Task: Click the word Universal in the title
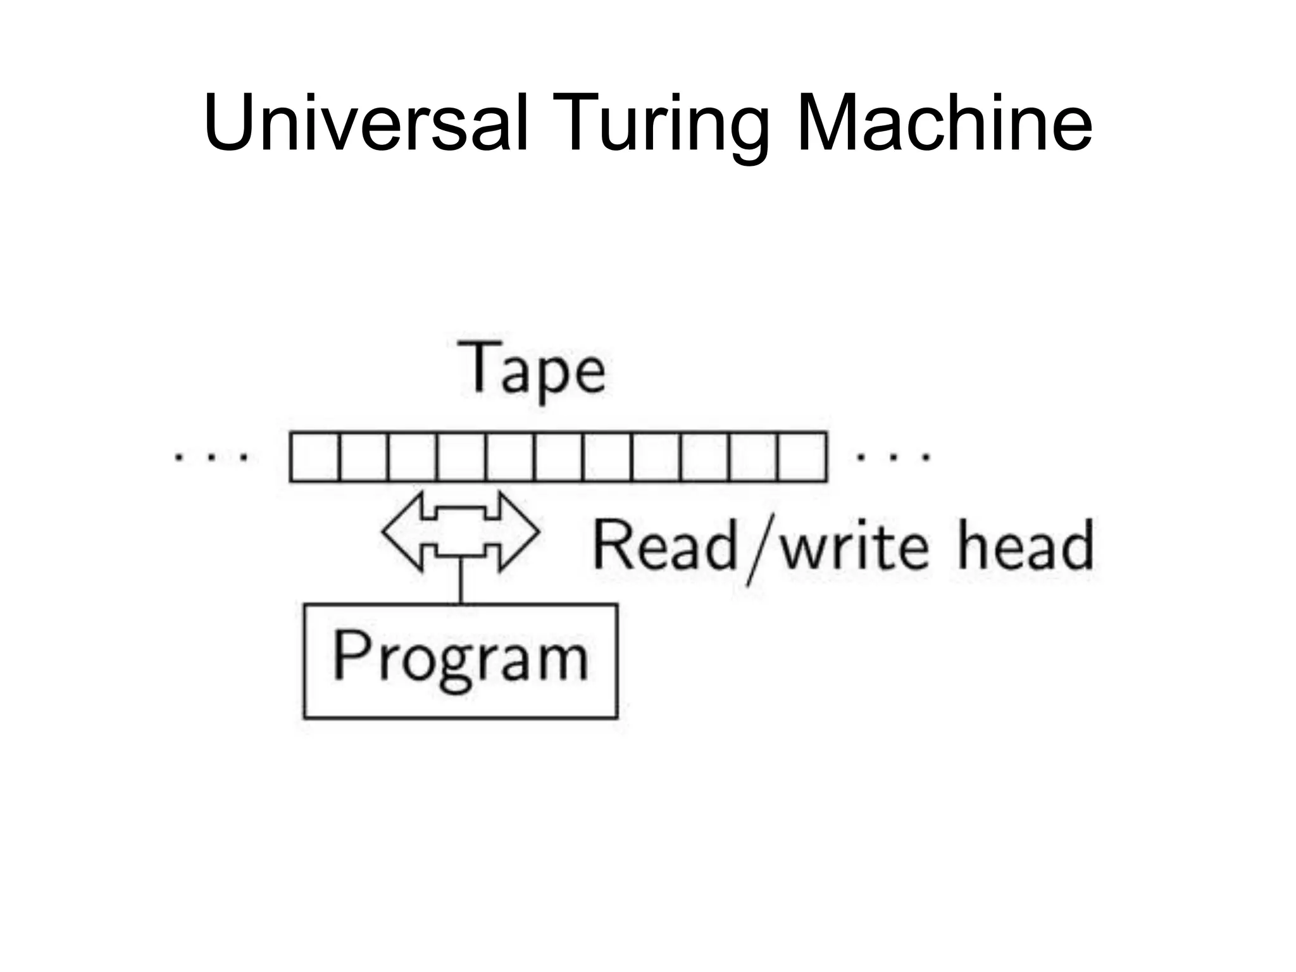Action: point(366,123)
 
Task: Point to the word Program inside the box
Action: point(461,658)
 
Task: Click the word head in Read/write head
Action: point(1025,545)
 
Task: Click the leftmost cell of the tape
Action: point(315,457)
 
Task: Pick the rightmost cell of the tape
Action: point(802,457)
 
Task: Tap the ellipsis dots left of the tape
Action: point(211,456)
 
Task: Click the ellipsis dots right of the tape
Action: point(893,456)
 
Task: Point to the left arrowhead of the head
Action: point(402,532)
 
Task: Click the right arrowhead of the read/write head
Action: point(519,532)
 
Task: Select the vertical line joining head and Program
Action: point(461,580)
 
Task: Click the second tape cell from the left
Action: point(363,457)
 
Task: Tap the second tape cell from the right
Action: point(753,457)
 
